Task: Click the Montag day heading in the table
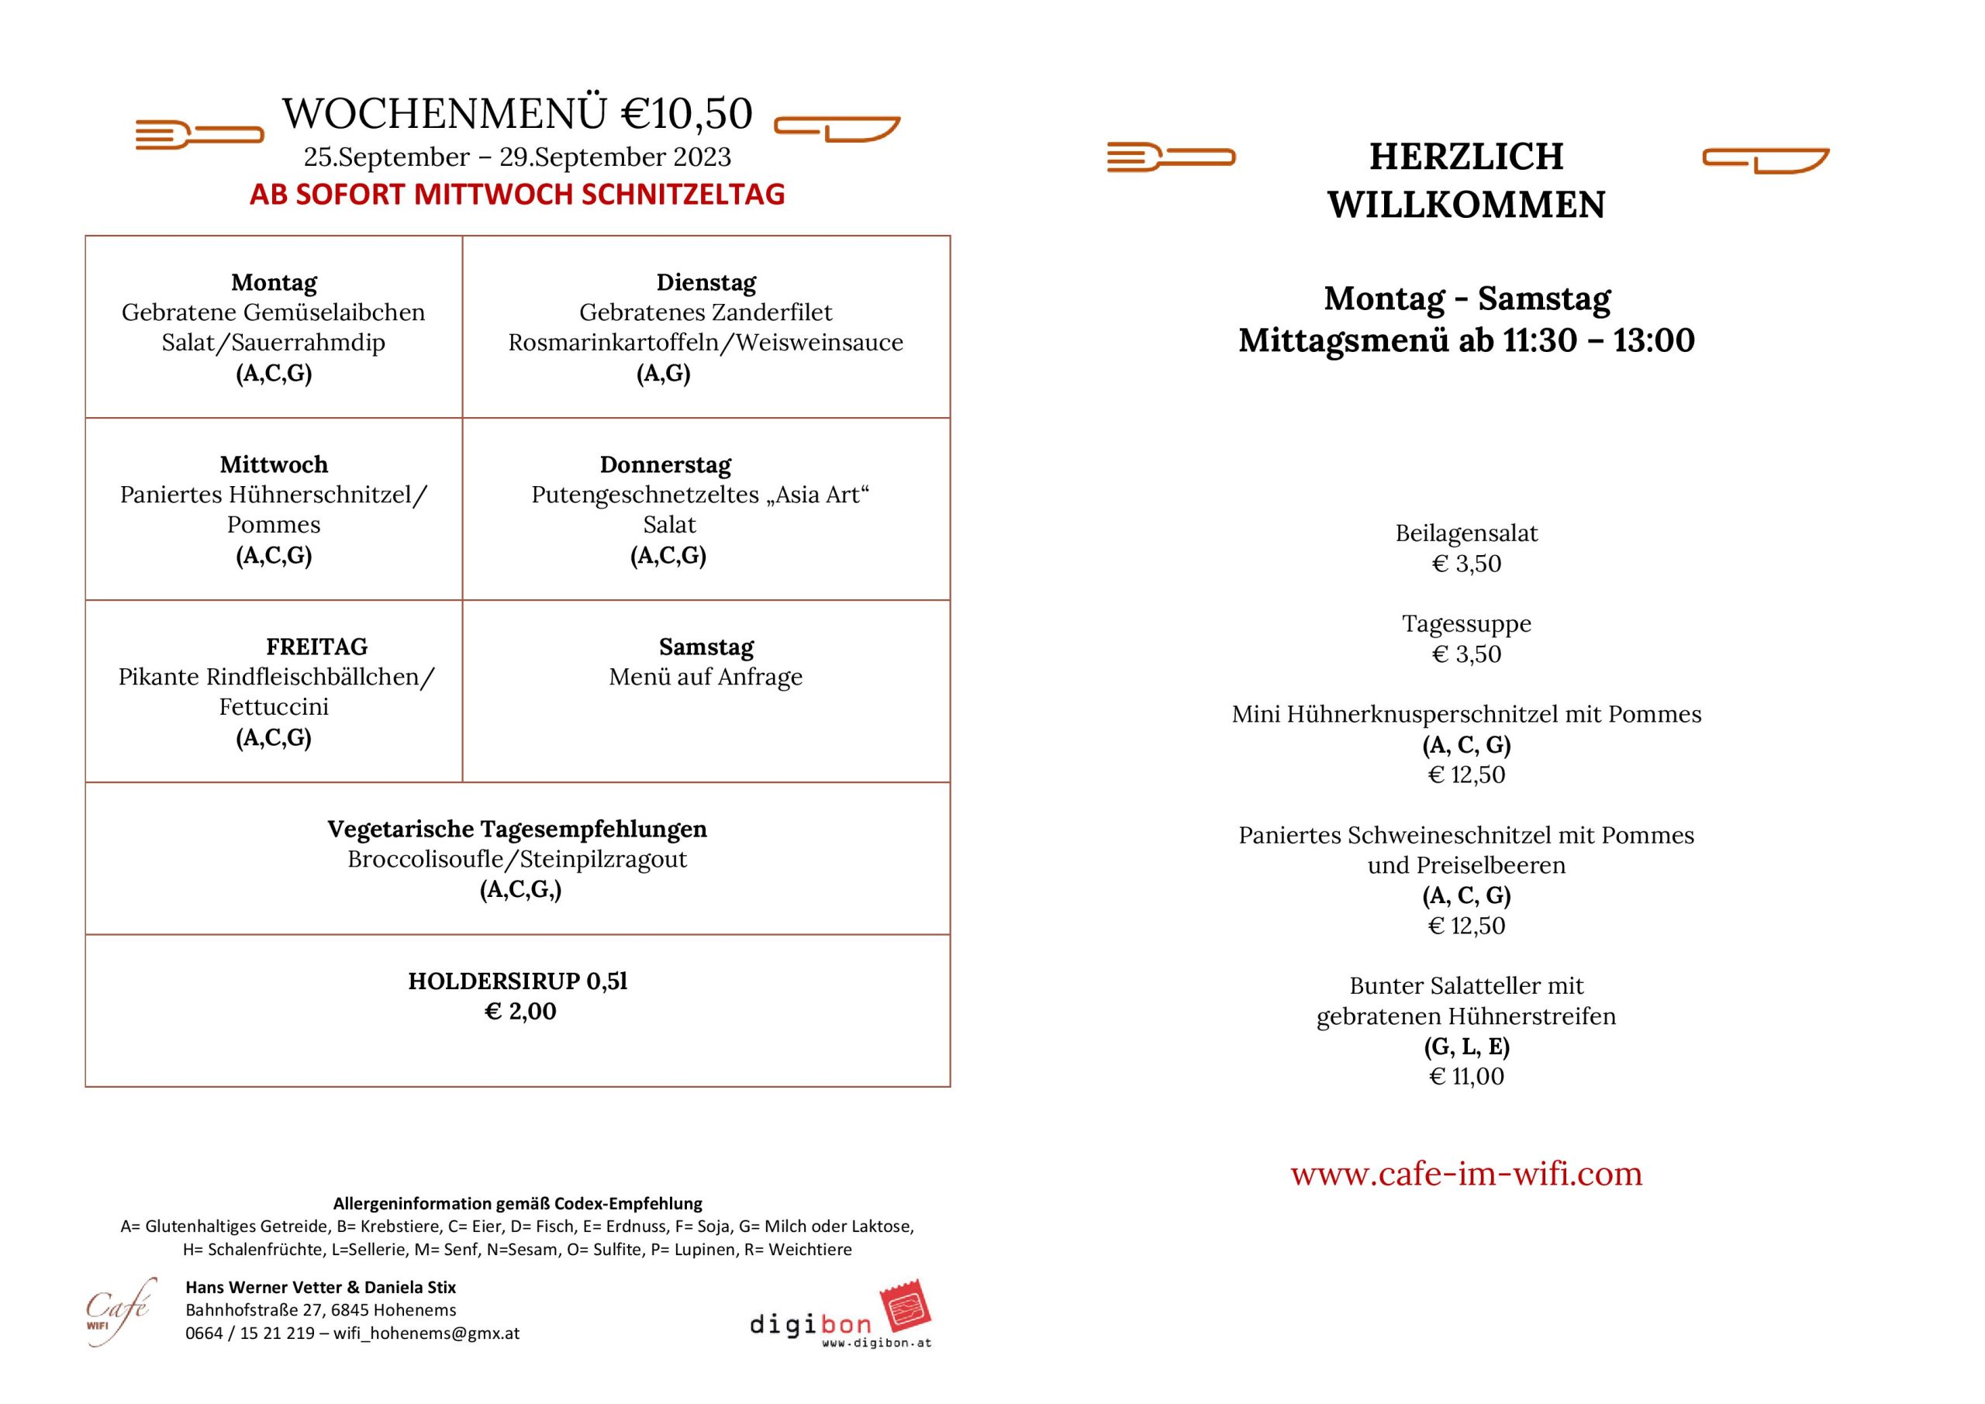tap(273, 283)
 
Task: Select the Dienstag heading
tap(706, 283)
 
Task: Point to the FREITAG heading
tap(316, 647)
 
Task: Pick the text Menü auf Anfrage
tap(706, 677)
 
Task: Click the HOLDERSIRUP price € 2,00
tap(520, 1011)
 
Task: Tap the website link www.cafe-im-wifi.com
tap(1466, 1173)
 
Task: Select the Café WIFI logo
tap(119, 1311)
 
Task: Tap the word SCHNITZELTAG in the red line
tap(683, 195)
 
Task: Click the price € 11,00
tap(1466, 1076)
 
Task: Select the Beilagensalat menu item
tap(1466, 533)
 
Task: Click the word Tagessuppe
tap(1466, 624)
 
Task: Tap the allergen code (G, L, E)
tap(1466, 1047)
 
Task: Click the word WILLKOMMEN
tap(1466, 205)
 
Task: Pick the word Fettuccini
tap(273, 707)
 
